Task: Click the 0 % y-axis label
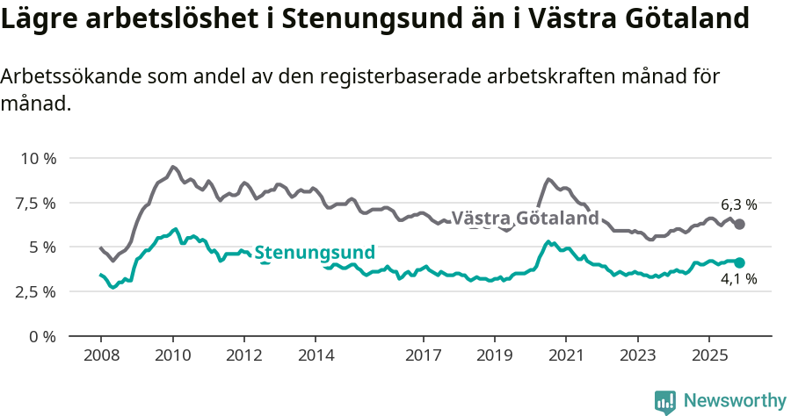pyautogui.click(x=42, y=336)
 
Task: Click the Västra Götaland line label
pyautogui.click(x=525, y=218)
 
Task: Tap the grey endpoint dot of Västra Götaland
pyautogui.click(x=740, y=225)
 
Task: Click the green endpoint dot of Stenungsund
pyautogui.click(x=740, y=262)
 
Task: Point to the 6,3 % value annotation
pyautogui.click(x=738, y=204)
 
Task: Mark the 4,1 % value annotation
pyautogui.click(x=738, y=280)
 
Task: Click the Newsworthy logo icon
pyautogui.click(x=665, y=401)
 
